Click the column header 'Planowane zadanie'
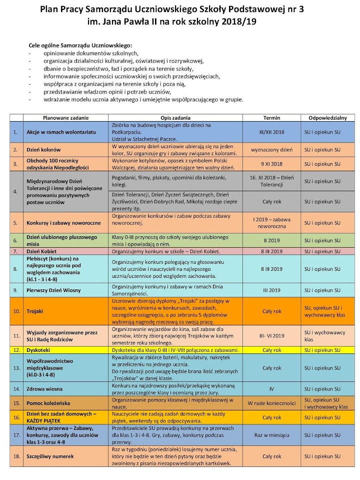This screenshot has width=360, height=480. tap(66, 118)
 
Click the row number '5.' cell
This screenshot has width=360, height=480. tap(15, 223)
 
